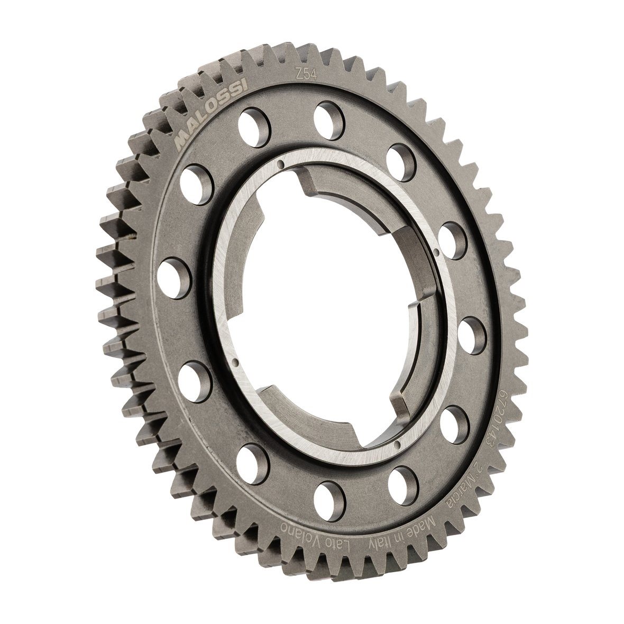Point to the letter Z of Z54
pyautogui.click(x=298, y=73)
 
